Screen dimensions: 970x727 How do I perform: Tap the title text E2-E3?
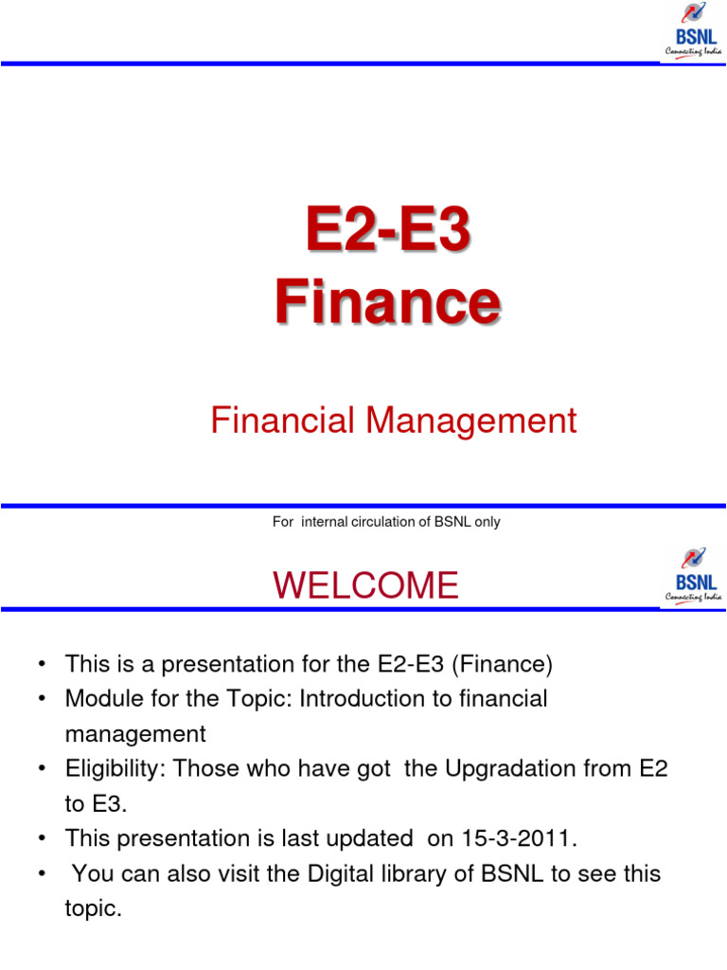387,233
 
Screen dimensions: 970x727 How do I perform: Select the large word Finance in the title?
387,302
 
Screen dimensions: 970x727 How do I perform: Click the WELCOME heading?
365,586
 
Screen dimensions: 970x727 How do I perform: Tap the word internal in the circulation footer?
326,522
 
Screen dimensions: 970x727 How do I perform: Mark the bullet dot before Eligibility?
44,769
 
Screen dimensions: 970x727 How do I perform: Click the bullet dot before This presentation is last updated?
44,838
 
